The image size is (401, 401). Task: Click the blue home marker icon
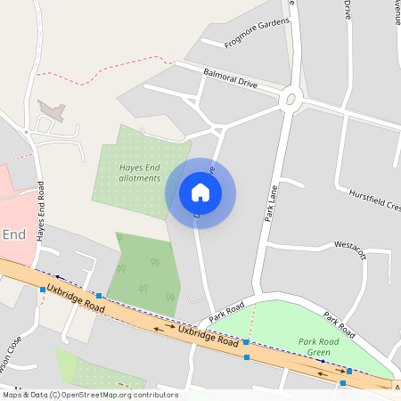pyautogui.click(x=200, y=192)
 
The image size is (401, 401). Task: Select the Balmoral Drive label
pyautogui.click(x=231, y=78)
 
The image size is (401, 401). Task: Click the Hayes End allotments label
pyautogui.click(x=141, y=172)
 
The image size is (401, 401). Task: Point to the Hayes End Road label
pyautogui.click(x=41, y=213)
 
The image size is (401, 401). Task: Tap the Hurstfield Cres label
pyautogui.click(x=375, y=199)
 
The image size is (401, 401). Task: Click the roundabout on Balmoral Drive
pyautogui.click(x=289, y=100)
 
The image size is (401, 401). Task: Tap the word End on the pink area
pyautogui.click(x=13, y=234)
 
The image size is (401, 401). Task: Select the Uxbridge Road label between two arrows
pyautogui.click(x=209, y=336)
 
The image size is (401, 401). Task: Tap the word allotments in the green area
pyautogui.click(x=140, y=178)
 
